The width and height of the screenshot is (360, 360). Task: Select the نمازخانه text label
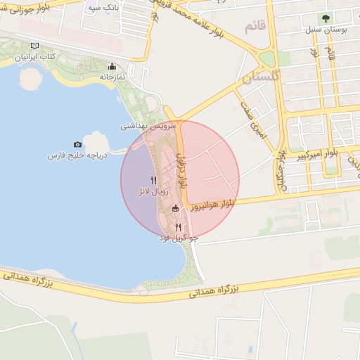pos(111,76)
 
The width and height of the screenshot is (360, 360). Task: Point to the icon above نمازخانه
pos(111,67)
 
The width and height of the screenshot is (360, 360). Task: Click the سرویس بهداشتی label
pos(145,127)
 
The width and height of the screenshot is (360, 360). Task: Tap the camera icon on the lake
pos(77,144)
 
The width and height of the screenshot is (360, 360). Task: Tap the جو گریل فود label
pos(180,238)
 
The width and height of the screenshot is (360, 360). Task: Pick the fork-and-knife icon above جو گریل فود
pos(179,227)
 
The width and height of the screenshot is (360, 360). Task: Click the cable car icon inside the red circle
pos(176,208)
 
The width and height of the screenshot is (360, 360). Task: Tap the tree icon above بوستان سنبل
pos(324,19)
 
